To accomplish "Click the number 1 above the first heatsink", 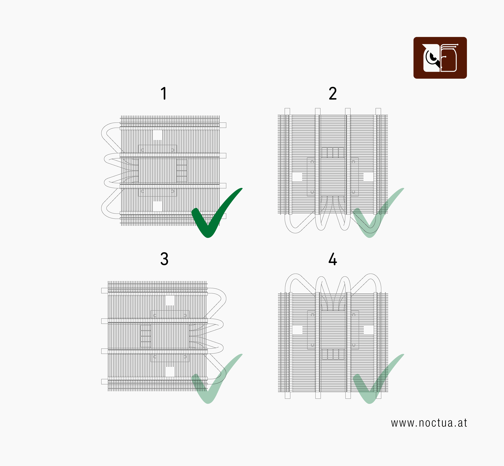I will [164, 93].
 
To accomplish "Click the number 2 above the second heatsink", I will [333, 93].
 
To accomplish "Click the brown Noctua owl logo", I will [440, 58].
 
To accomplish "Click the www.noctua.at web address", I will [429, 423].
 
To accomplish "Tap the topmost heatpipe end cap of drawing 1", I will [223, 125].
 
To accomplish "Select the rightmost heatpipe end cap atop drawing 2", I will [378, 111].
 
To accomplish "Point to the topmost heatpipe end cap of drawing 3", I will [104, 290].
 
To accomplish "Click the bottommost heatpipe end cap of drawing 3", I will [104, 382].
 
